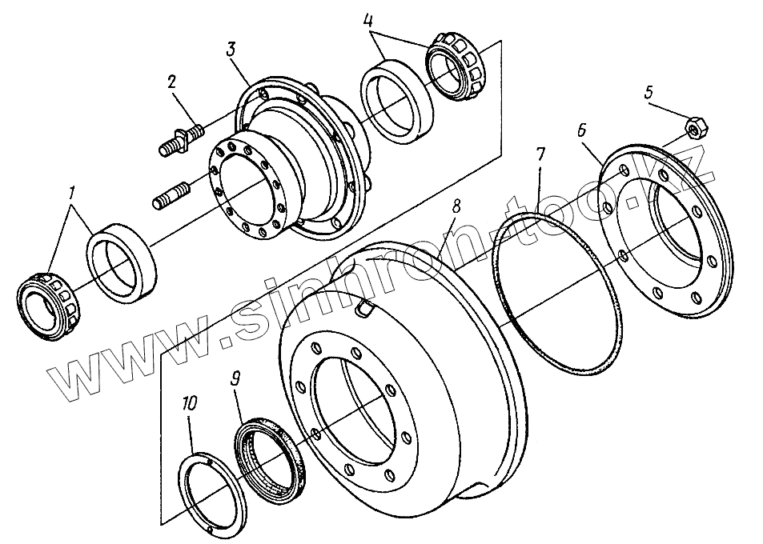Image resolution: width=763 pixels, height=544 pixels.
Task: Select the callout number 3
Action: coord(231,49)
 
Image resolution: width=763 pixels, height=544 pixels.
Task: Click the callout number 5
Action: coord(649,93)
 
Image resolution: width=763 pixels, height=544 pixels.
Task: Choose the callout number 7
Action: coord(540,154)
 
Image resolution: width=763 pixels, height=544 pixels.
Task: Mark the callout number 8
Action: coord(456,206)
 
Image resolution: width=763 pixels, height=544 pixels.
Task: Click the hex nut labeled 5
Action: coord(693,126)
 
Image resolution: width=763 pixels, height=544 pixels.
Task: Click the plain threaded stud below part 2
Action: coord(170,194)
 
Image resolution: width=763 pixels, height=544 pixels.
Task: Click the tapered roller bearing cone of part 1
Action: coord(47,306)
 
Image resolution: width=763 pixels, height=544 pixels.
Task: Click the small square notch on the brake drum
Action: coord(363,307)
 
